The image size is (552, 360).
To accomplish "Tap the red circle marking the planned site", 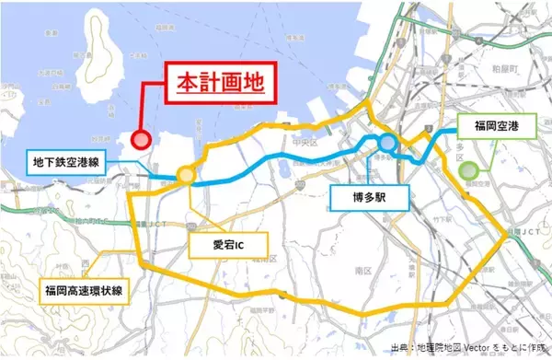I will pos(141,140).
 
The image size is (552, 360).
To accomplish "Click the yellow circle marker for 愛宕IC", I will pos(186,175).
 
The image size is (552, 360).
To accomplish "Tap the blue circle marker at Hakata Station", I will pos(387,143).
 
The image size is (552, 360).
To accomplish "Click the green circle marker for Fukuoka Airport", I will pos(470,168).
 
